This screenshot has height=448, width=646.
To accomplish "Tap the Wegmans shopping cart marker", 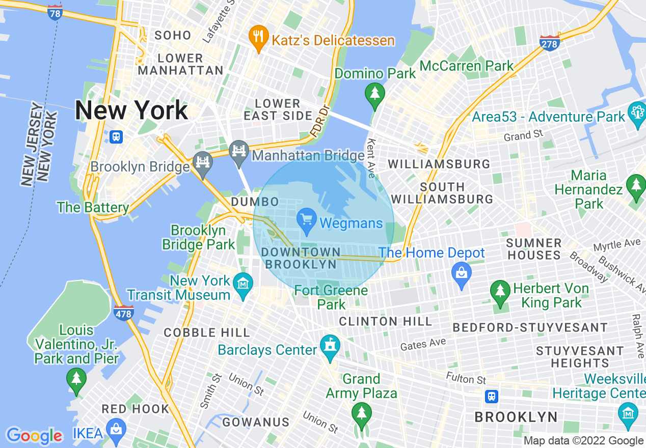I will coord(307,222).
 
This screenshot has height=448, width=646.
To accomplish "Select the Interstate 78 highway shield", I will coord(55,12).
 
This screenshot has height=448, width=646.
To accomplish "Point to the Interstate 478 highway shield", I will coord(124,313).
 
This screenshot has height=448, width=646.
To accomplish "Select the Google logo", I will coord(34,436).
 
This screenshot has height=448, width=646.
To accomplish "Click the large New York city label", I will coord(131,110).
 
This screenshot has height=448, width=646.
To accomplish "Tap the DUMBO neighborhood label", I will coord(255,202).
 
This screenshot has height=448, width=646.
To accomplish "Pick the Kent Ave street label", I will coord(371,158).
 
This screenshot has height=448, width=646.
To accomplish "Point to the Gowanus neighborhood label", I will coord(256,422).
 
